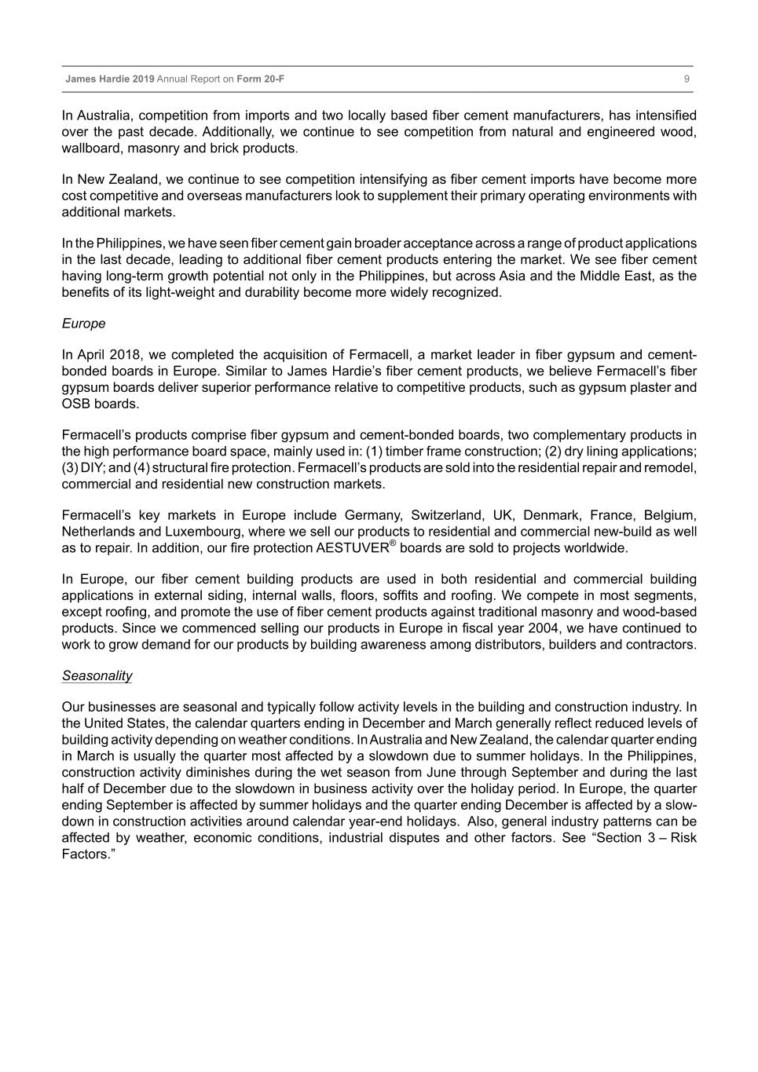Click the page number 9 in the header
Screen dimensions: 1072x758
(687, 79)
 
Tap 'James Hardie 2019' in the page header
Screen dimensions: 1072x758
(110, 79)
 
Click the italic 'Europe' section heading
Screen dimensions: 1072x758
(83, 324)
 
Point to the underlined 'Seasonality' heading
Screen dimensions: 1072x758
(97, 675)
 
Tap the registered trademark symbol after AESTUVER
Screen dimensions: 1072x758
(393, 543)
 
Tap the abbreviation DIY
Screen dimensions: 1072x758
(92, 468)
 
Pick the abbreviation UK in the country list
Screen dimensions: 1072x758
(503, 515)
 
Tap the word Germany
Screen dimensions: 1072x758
(371, 515)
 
